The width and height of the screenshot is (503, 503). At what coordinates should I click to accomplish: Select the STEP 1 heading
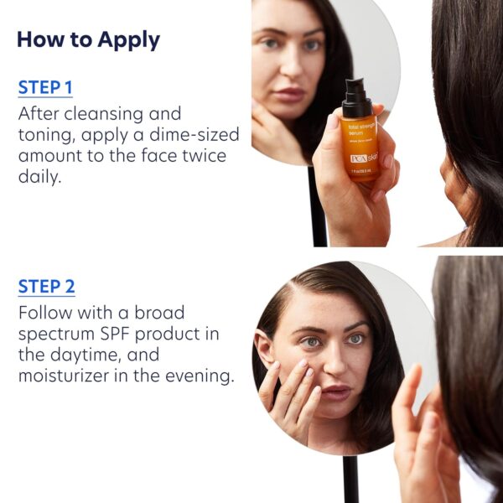(x=46, y=86)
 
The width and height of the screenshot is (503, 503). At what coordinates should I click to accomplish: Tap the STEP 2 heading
(x=46, y=287)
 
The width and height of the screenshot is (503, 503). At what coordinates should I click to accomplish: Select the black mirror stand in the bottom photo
(x=350, y=478)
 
